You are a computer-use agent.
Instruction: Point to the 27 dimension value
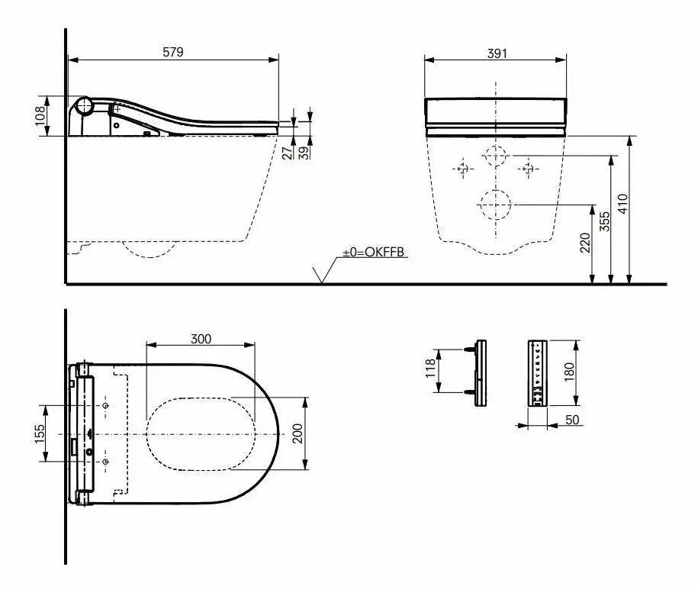(x=287, y=152)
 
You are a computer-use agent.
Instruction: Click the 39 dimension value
(x=304, y=152)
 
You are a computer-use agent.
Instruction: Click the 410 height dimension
(x=622, y=203)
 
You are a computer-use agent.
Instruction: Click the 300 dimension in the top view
(x=201, y=339)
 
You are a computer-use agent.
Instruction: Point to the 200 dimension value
(x=299, y=433)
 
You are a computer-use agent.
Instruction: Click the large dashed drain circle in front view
(x=496, y=205)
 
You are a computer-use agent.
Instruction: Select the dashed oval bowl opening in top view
(x=201, y=433)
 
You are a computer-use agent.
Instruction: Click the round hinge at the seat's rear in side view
(x=83, y=107)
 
